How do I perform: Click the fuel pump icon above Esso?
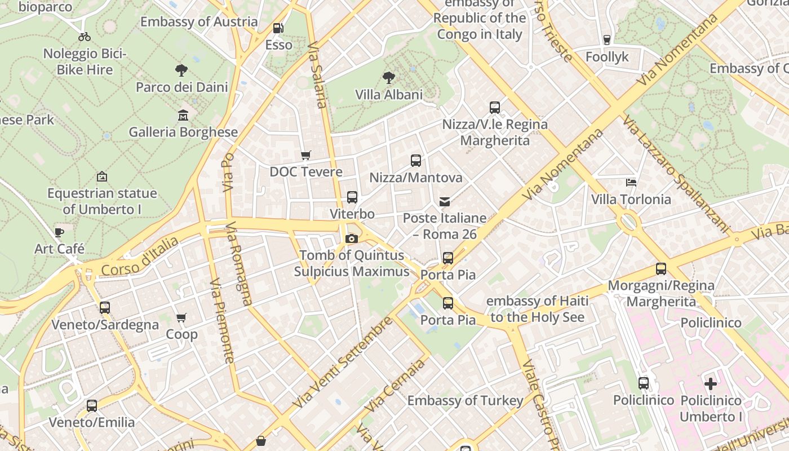(x=278, y=28)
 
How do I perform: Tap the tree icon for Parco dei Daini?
(x=181, y=70)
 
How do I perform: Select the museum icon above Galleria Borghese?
(x=183, y=116)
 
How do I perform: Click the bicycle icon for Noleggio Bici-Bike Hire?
(x=85, y=37)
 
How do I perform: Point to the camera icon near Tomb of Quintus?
(x=352, y=238)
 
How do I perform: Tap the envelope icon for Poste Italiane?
(x=445, y=201)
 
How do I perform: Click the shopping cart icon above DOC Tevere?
(x=306, y=155)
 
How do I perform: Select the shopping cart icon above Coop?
(x=181, y=318)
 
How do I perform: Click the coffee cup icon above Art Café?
(x=59, y=232)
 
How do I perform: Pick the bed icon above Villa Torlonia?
(x=631, y=183)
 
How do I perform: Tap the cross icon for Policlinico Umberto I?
(x=711, y=384)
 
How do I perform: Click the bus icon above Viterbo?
(x=352, y=197)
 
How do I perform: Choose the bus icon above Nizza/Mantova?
(x=416, y=161)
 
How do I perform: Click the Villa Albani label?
(x=389, y=95)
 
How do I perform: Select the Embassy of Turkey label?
(x=466, y=401)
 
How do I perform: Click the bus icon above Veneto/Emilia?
(x=92, y=405)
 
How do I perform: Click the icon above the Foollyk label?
(x=607, y=40)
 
